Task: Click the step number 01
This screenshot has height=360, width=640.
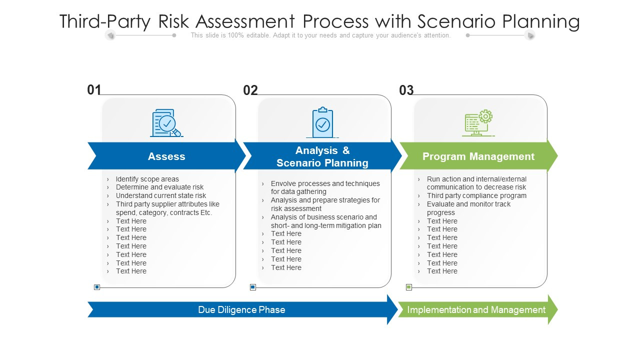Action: [x=94, y=90]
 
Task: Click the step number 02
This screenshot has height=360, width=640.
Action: [x=250, y=90]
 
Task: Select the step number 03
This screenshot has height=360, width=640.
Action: [x=406, y=90]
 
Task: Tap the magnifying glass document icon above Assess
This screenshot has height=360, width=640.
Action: [x=166, y=123]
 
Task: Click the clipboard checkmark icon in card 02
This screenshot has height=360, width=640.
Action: [x=322, y=122]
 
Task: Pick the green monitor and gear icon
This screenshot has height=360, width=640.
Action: [x=478, y=123]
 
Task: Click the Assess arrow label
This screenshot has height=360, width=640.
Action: [x=166, y=156]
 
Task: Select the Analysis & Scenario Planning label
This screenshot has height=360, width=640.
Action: [x=322, y=156]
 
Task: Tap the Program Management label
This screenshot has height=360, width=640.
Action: [x=478, y=156]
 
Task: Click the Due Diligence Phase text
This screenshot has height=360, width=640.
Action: [x=241, y=310]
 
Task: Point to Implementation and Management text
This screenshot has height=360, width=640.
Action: [x=476, y=310]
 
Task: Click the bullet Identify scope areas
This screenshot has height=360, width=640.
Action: [x=147, y=179]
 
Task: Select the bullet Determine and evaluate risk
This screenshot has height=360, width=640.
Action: [x=159, y=187]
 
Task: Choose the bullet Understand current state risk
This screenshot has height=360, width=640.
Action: [x=160, y=195]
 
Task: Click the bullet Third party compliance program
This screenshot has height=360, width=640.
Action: [x=476, y=195]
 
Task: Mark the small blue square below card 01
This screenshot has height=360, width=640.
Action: [x=97, y=287]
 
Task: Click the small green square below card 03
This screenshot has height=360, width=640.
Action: [x=409, y=287]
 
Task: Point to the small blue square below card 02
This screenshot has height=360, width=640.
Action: [x=253, y=287]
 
